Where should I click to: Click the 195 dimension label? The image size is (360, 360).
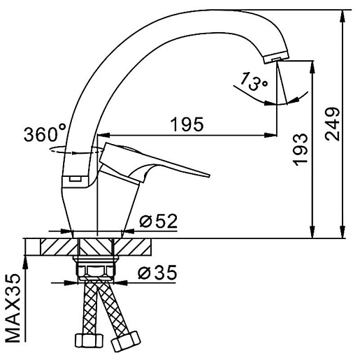pos(187,124)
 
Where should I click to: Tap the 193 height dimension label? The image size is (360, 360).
pos(301,150)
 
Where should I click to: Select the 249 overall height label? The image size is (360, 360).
pos(332,124)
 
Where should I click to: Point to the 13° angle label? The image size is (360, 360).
pos(254,81)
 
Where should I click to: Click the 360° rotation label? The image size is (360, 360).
pos(45,134)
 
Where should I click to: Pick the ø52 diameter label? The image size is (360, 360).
pos(158,221)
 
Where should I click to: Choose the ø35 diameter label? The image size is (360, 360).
pos(157,272)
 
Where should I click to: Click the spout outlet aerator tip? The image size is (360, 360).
pos(276,57)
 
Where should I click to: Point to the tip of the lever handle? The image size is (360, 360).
pos(209,175)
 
